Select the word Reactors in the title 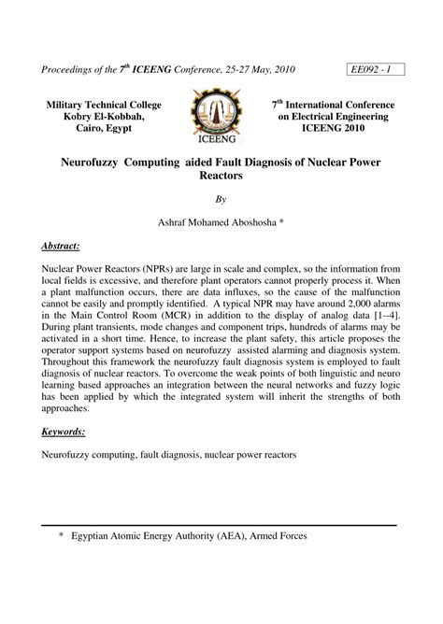[x=221, y=176]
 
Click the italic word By [x=221, y=199]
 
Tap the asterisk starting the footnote [x=61, y=537]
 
